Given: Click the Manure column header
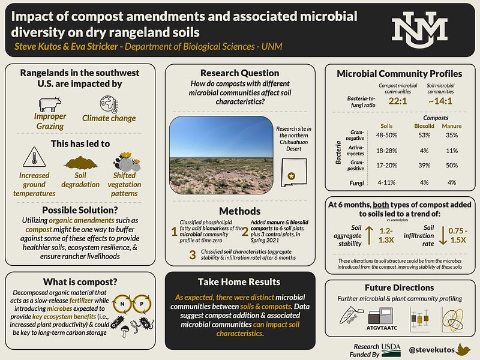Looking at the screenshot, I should [451, 126].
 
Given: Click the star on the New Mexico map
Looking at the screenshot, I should [293, 175].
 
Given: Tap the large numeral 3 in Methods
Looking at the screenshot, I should [192, 254].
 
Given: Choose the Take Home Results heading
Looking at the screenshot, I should [239, 282].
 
